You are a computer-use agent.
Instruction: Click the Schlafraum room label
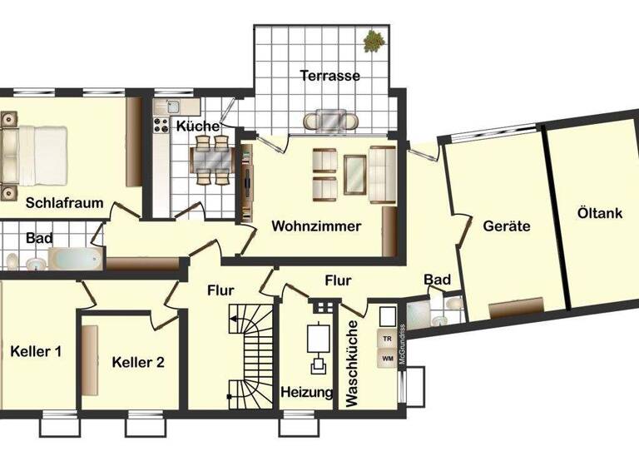point(64,202)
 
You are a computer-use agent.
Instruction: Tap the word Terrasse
point(330,76)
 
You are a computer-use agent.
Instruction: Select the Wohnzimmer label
point(316,226)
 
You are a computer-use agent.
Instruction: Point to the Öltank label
point(599,213)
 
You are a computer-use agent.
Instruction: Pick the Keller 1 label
point(36,351)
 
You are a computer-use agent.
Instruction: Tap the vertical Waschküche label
point(351,364)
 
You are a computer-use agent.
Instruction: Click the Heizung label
point(307,392)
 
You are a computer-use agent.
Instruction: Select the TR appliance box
point(387,339)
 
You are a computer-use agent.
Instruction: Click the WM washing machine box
point(387,359)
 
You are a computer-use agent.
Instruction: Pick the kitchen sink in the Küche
point(173,107)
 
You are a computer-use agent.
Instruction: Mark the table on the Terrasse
point(330,121)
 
